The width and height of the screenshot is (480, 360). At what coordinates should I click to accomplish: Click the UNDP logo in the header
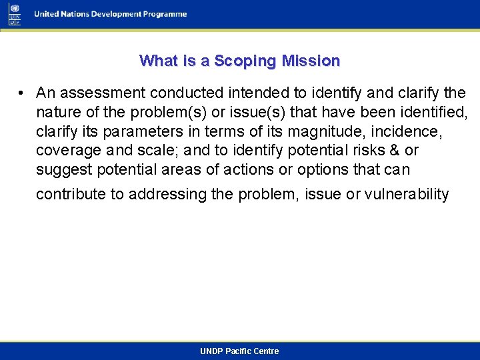tap(15, 13)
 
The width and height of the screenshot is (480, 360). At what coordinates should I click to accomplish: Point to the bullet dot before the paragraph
tap(22, 93)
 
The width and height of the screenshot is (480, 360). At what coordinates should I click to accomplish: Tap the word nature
tap(57, 111)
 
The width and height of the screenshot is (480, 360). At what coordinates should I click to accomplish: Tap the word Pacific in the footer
tap(239, 351)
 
